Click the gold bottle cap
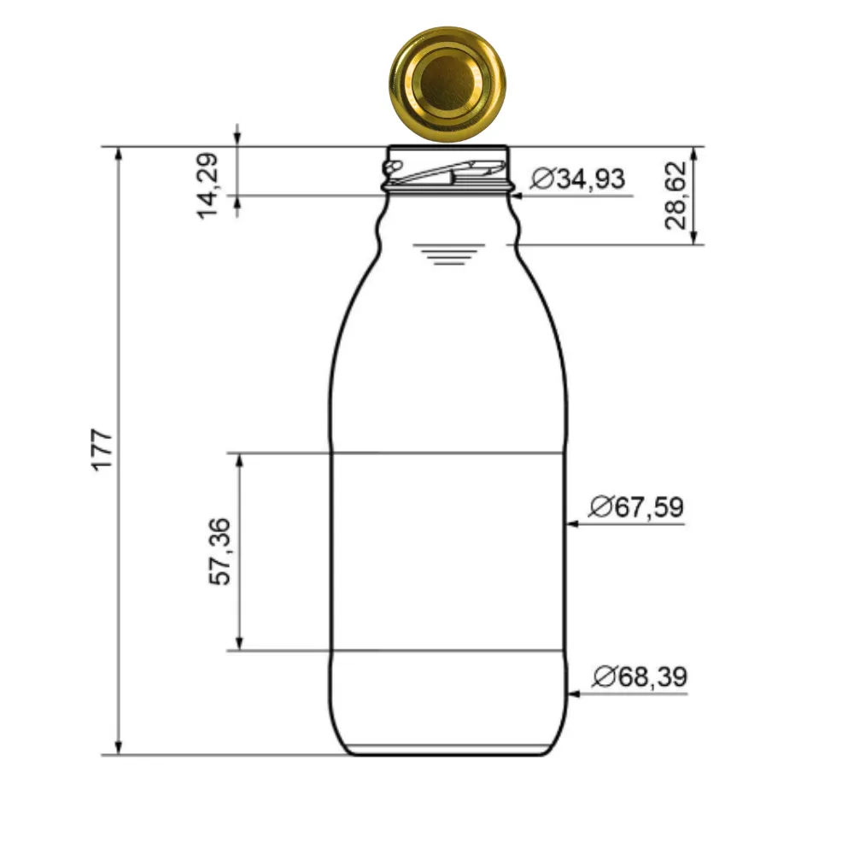coord(447,83)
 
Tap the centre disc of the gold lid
coord(447,82)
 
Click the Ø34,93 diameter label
coord(577,179)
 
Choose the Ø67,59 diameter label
coord(636,507)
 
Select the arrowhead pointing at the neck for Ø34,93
coord(518,196)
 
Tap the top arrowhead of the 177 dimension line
coord(120,155)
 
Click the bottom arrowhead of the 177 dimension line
coord(120,747)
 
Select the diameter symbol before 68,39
coord(603,678)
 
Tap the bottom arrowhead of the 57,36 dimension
coord(240,643)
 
